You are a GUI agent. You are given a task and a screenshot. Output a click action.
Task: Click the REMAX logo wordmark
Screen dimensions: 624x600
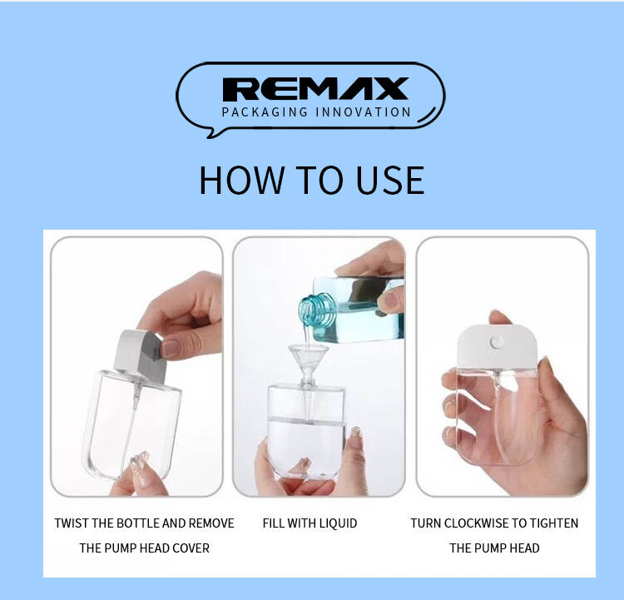[315, 89]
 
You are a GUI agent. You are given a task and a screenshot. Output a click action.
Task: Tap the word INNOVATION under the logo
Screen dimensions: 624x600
[363, 112]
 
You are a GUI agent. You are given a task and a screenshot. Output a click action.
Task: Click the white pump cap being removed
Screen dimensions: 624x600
[141, 355]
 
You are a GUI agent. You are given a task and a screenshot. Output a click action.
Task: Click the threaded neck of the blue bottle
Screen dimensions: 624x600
[318, 309]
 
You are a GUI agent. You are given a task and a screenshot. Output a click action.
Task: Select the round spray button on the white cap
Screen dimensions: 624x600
[497, 341]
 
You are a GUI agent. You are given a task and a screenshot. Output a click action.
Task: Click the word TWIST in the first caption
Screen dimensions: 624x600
[72, 523]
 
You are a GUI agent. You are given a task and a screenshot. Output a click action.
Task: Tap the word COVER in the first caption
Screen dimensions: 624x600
[191, 548]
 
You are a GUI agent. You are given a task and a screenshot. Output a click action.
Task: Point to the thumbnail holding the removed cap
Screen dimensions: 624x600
[171, 349]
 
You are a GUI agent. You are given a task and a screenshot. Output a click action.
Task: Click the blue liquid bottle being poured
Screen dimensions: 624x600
[352, 309]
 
